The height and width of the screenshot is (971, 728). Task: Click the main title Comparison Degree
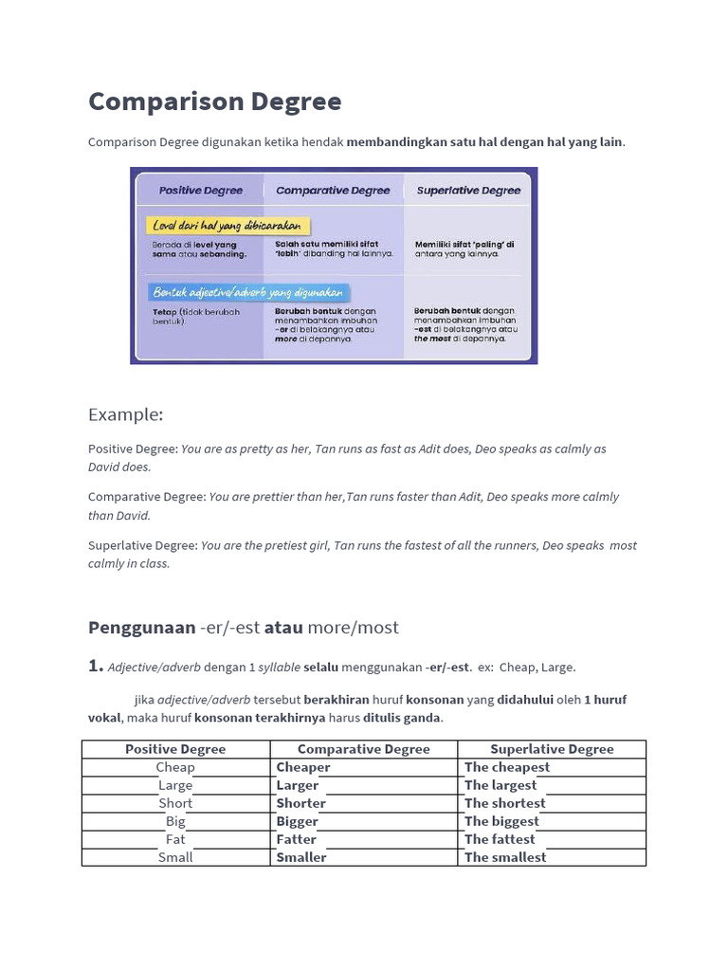point(214,101)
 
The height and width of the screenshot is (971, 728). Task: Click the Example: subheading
point(126,414)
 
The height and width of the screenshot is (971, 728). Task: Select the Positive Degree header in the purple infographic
point(200,191)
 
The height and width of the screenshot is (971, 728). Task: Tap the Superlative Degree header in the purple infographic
point(468,191)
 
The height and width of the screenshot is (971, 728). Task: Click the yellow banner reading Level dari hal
point(229,226)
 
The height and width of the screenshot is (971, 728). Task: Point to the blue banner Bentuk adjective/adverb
point(248,293)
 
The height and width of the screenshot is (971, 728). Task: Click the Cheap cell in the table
point(175,767)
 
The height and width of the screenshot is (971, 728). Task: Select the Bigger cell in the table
point(297,821)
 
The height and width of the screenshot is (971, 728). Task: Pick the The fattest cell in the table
point(500,839)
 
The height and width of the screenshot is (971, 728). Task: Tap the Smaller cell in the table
point(300,857)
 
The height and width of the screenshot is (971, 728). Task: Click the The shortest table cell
point(504,803)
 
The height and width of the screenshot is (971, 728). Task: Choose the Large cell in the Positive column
point(175,785)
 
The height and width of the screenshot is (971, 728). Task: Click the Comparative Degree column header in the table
point(364,749)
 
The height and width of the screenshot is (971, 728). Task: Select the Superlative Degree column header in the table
point(552,749)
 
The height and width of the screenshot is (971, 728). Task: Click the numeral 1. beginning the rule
point(95,666)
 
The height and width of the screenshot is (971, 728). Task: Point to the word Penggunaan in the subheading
point(141,628)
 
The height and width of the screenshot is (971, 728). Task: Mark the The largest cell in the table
point(500,785)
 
